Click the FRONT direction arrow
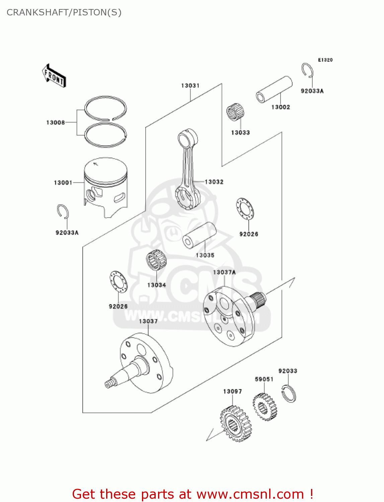pos(54,76)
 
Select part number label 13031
pos(190,86)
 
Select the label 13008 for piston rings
pos(56,122)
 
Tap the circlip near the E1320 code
pos(307,71)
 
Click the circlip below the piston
pos(63,212)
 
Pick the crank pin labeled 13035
pos(199,235)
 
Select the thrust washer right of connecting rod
pos(245,209)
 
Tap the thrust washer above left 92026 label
pos(119,281)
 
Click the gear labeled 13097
pos(236,423)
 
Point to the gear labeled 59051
pos(265,406)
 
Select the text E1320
pos(325,60)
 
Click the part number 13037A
pos(224,272)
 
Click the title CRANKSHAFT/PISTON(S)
pos(64,12)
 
